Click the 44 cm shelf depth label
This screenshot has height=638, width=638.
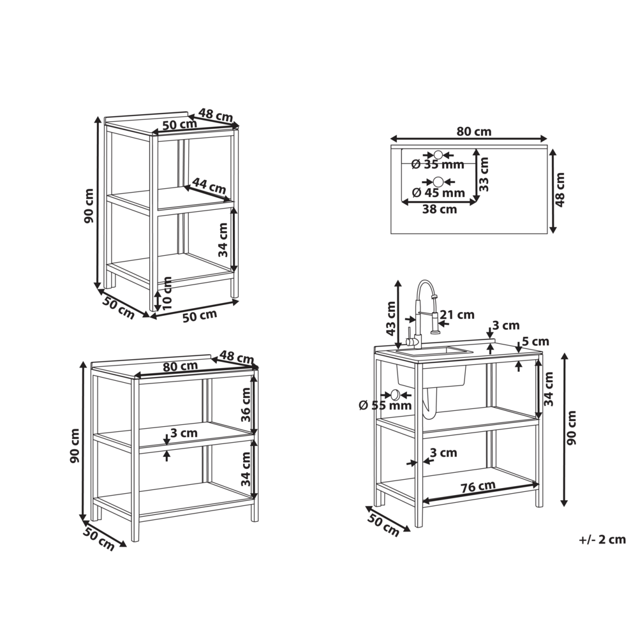click(x=209, y=187)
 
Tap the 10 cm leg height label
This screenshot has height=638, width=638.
click(x=168, y=293)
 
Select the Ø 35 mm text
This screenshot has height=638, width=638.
click(x=438, y=165)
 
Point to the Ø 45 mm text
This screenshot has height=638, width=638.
click(x=438, y=193)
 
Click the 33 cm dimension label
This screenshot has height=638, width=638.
click(x=484, y=174)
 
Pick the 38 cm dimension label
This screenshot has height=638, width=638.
click(x=440, y=209)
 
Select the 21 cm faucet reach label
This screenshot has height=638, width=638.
click(x=457, y=315)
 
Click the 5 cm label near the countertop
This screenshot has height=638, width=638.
click(x=535, y=342)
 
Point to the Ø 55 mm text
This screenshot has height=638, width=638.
click(x=385, y=405)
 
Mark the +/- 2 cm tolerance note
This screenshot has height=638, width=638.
click(x=602, y=540)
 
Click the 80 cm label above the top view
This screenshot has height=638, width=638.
click(x=474, y=131)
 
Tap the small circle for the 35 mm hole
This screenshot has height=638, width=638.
click(x=438, y=154)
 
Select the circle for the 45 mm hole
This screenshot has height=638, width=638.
click(x=438, y=182)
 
